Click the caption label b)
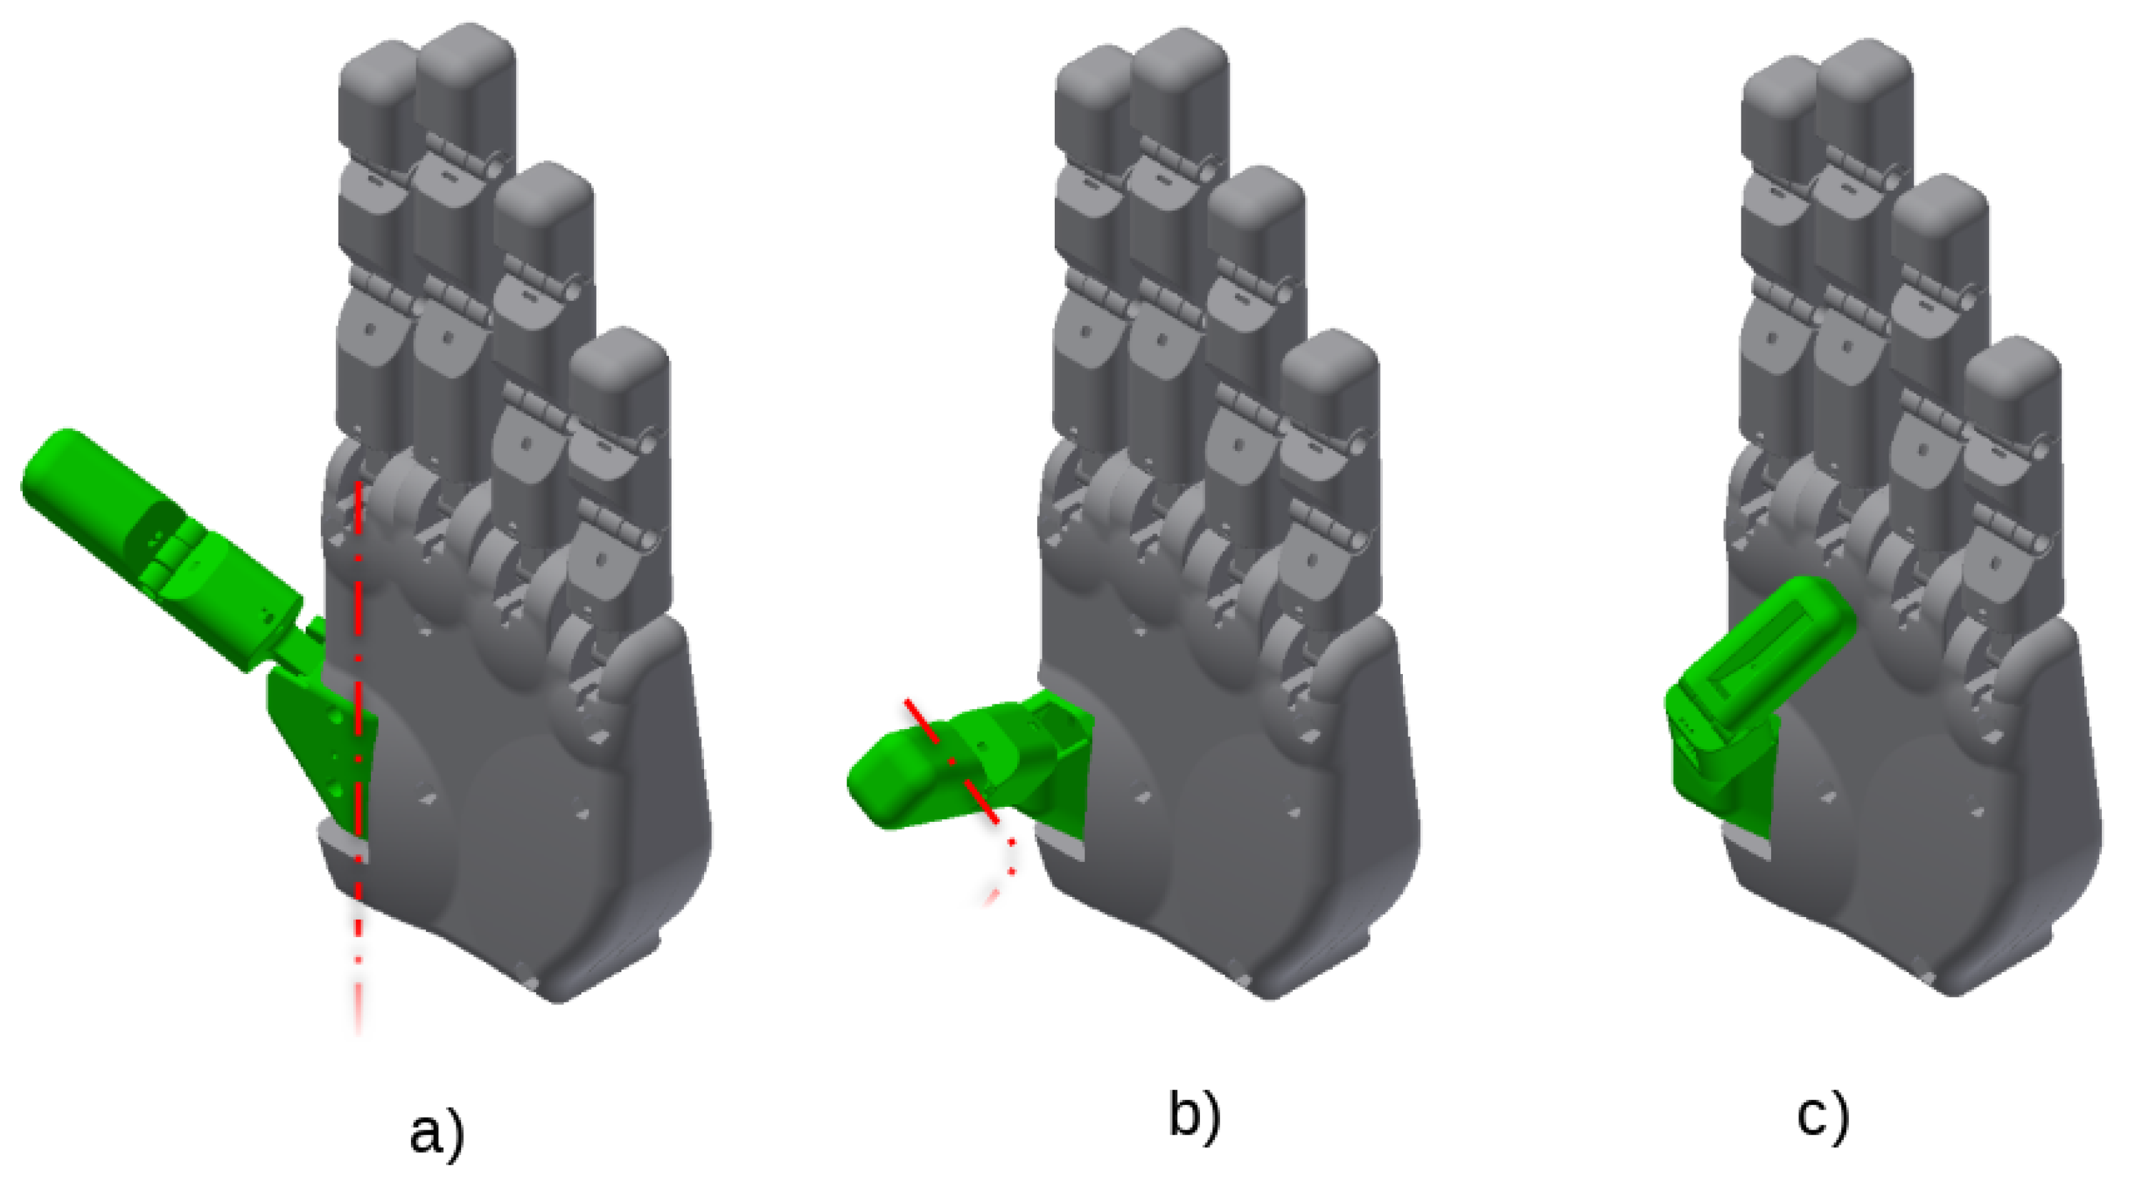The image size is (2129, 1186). point(1195,1116)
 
